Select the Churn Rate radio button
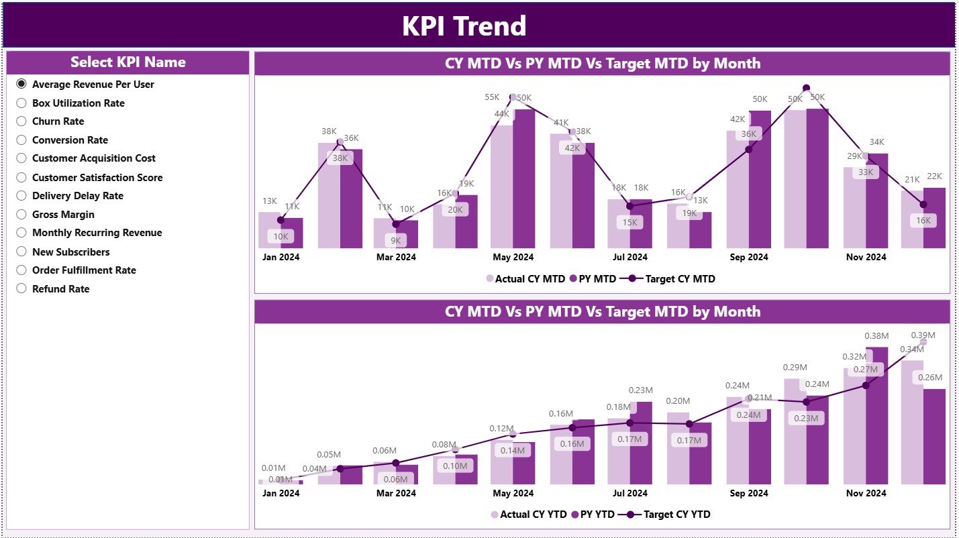pyautogui.click(x=21, y=121)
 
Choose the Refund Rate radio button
pyautogui.click(x=21, y=288)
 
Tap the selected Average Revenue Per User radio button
pyautogui.click(x=21, y=84)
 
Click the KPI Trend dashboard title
pyautogui.click(x=464, y=26)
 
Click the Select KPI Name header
pyautogui.click(x=128, y=62)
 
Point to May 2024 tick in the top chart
pyautogui.click(x=513, y=257)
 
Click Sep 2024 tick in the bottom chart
pyautogui.click(x=748, y=493)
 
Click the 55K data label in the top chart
pyautogui.click(x=492, y=97)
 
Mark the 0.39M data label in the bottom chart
pyautogui.click(x=923, y=335)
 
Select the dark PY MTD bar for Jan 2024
pyautogui.click(x=292, y=233)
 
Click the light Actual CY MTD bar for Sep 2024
pyautogui.click(x=738, y=189)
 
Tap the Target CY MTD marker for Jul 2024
pyautogui.click(x=629, y=206)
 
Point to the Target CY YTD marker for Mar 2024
pyautogui.click(x=396, y=463)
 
